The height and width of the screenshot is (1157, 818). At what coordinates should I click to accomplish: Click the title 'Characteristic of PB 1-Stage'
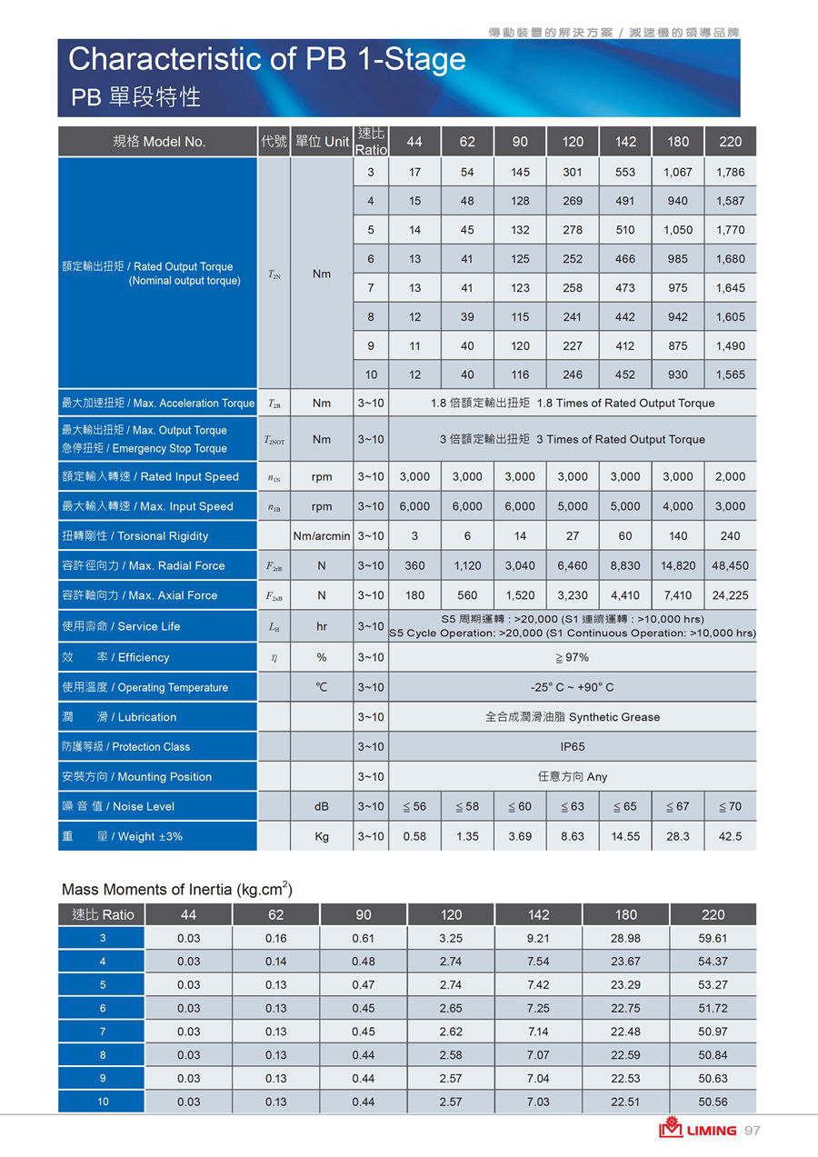[266, 60]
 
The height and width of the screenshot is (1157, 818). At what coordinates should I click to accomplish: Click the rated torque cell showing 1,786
[730, 172]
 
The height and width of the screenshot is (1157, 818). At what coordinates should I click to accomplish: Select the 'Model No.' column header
[159, 142]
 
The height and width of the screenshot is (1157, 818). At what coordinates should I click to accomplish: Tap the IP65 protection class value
[573, 746]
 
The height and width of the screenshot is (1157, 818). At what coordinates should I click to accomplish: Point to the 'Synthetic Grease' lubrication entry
[573, 717]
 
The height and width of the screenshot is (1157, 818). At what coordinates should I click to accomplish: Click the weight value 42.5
[730, 836]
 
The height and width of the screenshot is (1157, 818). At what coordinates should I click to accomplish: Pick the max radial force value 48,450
[730, 565]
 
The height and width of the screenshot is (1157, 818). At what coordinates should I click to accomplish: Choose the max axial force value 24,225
[730, 595]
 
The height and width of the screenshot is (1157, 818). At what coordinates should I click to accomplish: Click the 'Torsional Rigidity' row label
[135, 536]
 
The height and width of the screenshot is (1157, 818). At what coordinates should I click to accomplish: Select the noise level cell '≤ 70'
[730, 806]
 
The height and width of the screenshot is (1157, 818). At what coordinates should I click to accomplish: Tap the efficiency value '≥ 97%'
[573, 657]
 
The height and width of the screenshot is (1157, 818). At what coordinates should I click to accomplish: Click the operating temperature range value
[573, 687]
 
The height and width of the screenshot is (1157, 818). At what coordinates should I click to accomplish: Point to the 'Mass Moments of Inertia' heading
[176, 889]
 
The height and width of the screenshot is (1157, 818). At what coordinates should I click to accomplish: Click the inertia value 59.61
[713, 938]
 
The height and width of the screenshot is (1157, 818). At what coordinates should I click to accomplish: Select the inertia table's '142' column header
[538, 914]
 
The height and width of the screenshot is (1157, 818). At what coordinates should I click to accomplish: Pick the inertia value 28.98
[625, 938]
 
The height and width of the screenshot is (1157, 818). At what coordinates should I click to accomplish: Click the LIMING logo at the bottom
[698, 1131]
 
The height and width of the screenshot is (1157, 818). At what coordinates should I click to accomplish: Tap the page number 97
[752, 1131]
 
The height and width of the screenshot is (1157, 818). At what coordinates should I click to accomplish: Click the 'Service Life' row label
[121, 626]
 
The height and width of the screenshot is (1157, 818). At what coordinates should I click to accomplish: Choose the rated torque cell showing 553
[625, 172]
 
